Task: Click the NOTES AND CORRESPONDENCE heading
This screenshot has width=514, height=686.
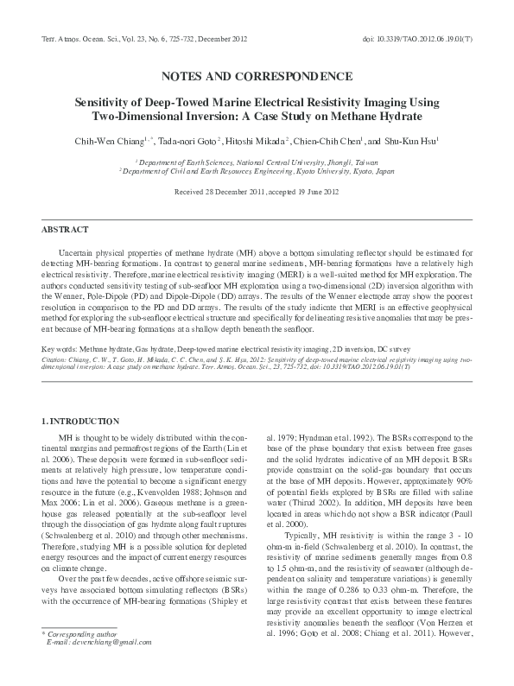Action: [x=257, y=75]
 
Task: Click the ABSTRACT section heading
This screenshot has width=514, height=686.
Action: [x=65, y=230]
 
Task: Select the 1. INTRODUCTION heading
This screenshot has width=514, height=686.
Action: [x=80, y=421]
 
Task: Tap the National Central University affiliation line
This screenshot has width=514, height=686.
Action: [x=257, y=161]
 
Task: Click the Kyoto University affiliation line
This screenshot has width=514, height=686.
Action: [x=257, y=171]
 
